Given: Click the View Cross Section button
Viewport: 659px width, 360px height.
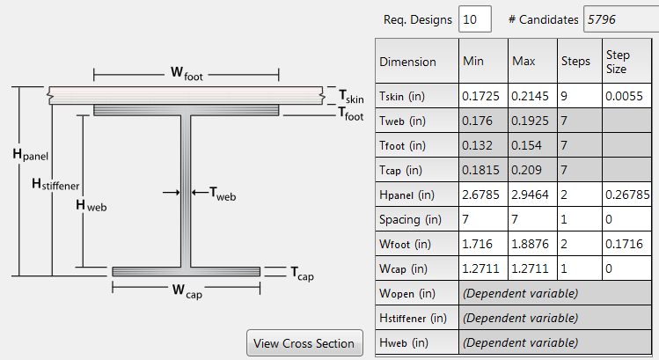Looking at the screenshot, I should pos(304,343).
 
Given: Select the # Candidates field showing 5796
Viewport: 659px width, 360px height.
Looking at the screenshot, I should pos(619,18).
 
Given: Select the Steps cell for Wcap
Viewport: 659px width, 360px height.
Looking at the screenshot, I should pos(578,268).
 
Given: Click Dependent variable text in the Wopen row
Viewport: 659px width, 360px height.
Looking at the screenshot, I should pos(520,292).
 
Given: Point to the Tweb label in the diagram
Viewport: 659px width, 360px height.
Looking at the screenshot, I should pos(223,190).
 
